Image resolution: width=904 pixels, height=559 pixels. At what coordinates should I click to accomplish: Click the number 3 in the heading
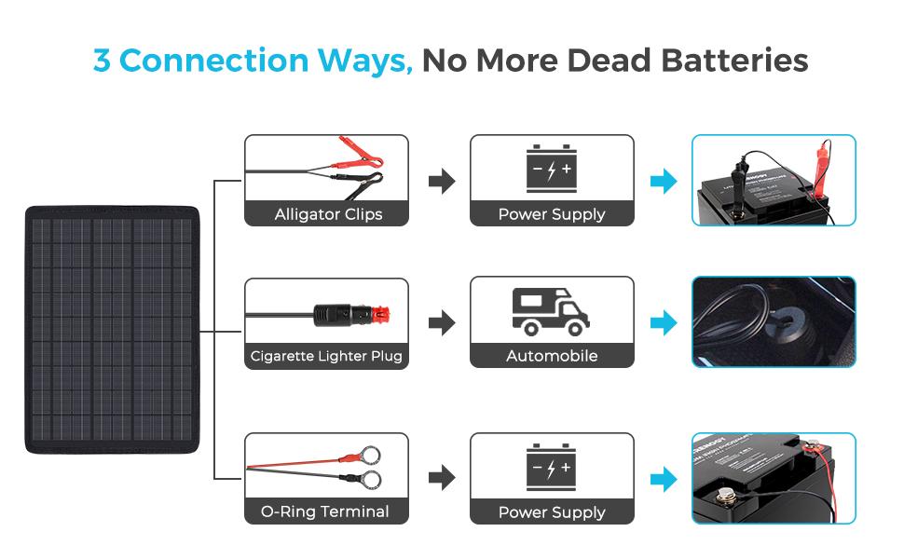103,61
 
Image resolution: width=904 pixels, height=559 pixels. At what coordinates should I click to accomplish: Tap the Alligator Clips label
328,214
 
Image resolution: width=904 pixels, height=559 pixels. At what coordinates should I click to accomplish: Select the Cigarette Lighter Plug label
326,356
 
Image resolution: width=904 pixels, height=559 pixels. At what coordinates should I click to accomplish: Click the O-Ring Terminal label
325,511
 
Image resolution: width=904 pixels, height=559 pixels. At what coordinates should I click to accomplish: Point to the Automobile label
552,356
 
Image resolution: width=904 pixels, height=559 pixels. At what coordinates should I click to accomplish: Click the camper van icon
551,311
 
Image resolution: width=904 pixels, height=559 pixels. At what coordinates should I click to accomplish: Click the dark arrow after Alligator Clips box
442,182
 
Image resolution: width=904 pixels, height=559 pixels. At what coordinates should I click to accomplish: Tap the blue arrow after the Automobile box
664,323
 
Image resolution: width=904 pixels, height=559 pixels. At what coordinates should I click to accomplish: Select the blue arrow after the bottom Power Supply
664,480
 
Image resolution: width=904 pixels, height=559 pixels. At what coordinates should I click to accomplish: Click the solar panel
112,329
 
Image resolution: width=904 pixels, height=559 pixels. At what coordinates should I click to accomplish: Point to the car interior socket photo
774,321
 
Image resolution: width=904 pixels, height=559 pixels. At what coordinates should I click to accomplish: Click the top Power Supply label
552,214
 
